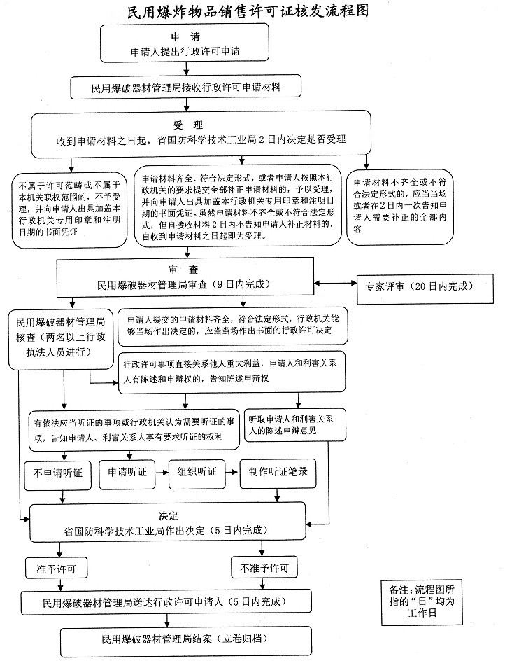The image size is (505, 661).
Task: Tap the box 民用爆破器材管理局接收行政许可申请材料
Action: (x=186, y=88)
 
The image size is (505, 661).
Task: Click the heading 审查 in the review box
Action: (x=186, y=270)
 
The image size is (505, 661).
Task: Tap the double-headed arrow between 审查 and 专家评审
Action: (x=336, y=284)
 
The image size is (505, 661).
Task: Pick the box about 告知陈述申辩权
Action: (x=232, y=371)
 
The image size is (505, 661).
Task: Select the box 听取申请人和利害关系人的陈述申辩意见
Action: (x=296, y=424)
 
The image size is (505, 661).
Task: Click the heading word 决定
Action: (x=169, y=516)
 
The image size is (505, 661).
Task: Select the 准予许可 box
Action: (x=55, y=566)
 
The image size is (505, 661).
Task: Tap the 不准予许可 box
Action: (x=263, y=566)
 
